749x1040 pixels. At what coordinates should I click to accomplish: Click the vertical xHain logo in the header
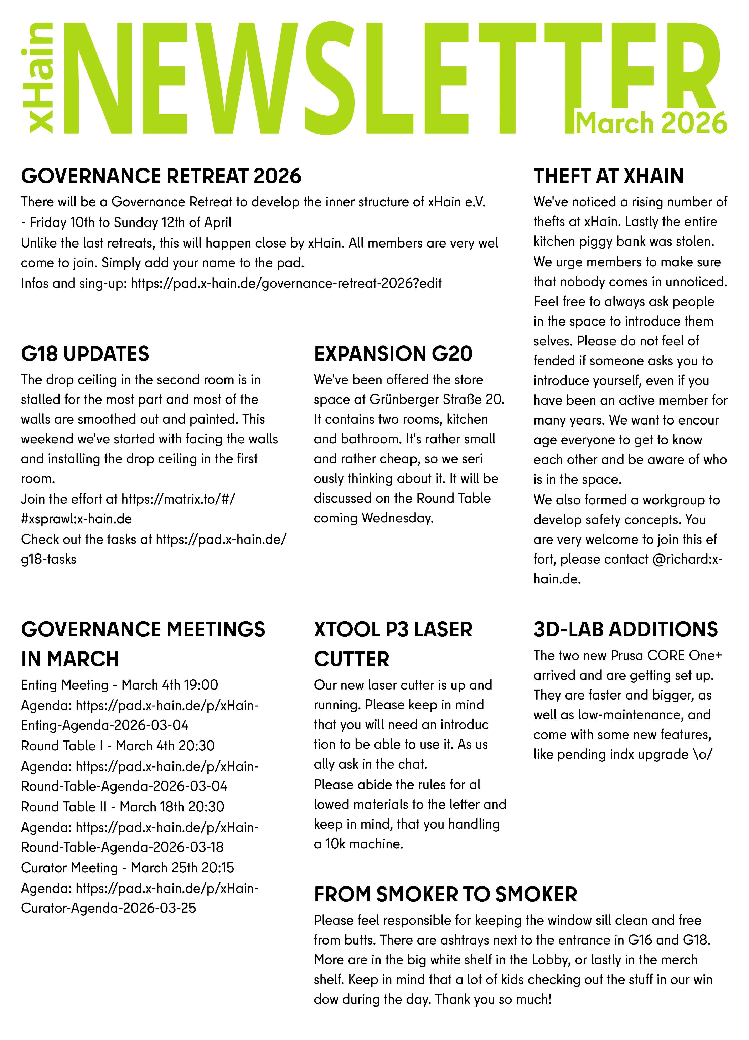40,78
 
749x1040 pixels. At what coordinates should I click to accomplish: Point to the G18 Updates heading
85,354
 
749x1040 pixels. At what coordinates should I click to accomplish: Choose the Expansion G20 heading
393,354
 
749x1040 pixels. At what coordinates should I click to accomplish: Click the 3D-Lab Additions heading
625,629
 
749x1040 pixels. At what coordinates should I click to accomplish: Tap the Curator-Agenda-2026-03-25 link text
109,908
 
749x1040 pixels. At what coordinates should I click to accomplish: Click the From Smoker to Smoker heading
445,894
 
